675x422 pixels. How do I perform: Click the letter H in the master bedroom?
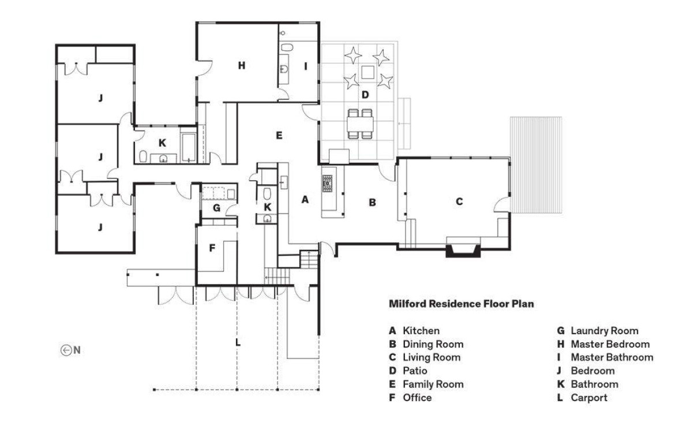tap(242, 65)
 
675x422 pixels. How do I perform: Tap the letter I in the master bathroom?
tap(306, 66)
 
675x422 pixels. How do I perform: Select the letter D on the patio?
tap(365, 94)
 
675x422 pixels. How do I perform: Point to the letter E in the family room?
tap(279, 135)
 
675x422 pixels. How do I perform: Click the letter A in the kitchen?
tap(305, 199)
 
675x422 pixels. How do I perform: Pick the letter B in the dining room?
tap(372, 202)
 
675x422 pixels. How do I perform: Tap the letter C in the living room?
tap(459, 201)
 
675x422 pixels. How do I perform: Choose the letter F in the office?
tap(212, 248)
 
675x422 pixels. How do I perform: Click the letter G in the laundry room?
tap(216, 208)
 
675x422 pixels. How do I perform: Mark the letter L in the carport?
tap(238, 342)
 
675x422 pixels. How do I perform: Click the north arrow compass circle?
tap(65, 350)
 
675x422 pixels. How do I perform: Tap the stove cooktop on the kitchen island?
tap(328, 184)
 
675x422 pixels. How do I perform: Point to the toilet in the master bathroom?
tap(287, 47)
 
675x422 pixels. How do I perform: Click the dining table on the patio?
tap(361, 124)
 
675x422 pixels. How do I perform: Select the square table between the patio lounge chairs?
tap(367, 72)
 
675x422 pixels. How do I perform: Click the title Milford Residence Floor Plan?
tap(462, 304)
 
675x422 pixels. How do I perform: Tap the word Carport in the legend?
tap(589, 397)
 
